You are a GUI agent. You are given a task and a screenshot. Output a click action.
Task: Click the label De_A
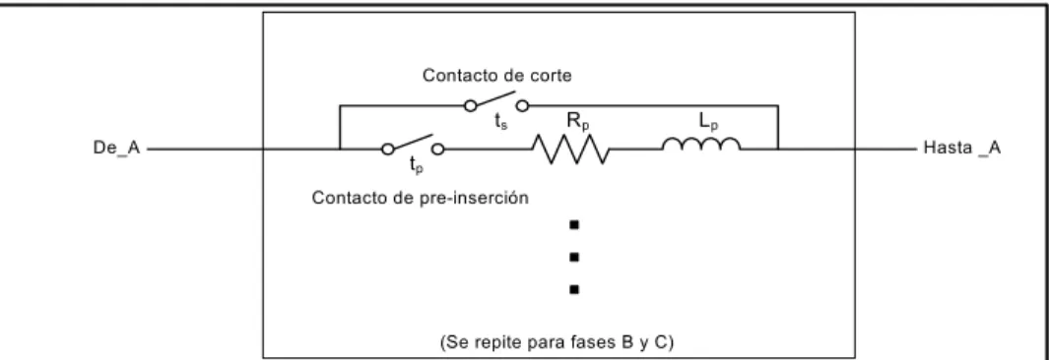pyautogui.click(x=116, y=149)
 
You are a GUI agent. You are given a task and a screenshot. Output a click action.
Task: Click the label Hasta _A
pyautogui.click(x=962, y=149)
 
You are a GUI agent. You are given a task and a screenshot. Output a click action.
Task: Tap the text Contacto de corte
pyautogui.click(x=497, y=76)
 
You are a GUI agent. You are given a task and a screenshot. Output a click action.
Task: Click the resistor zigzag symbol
pyautogui.click(x=570, y=149)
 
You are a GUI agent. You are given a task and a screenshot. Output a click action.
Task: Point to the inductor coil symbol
pyautogui.click(x=701, y=144)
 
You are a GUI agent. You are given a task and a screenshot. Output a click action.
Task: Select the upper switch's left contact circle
pyautogui.click(x=472, y=105)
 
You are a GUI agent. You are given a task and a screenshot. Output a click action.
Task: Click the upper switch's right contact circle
pyautogui.click(x=522, y=105)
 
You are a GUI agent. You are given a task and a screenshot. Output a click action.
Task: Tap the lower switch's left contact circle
pyautogui.click(x=387, y=149)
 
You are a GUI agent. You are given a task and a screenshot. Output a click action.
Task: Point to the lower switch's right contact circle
pyautogui.click(x=438, y=149)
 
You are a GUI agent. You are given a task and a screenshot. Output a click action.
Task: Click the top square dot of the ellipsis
pyautogui.click(x=574, y=225)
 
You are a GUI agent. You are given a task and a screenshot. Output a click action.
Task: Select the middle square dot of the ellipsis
pyautogui.click(x=574, y=257)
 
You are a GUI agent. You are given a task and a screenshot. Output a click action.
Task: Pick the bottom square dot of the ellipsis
pyautogui.click(x=574, y=289)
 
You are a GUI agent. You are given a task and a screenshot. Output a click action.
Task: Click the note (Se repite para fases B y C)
pyautogui.click(x=557, y=343)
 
